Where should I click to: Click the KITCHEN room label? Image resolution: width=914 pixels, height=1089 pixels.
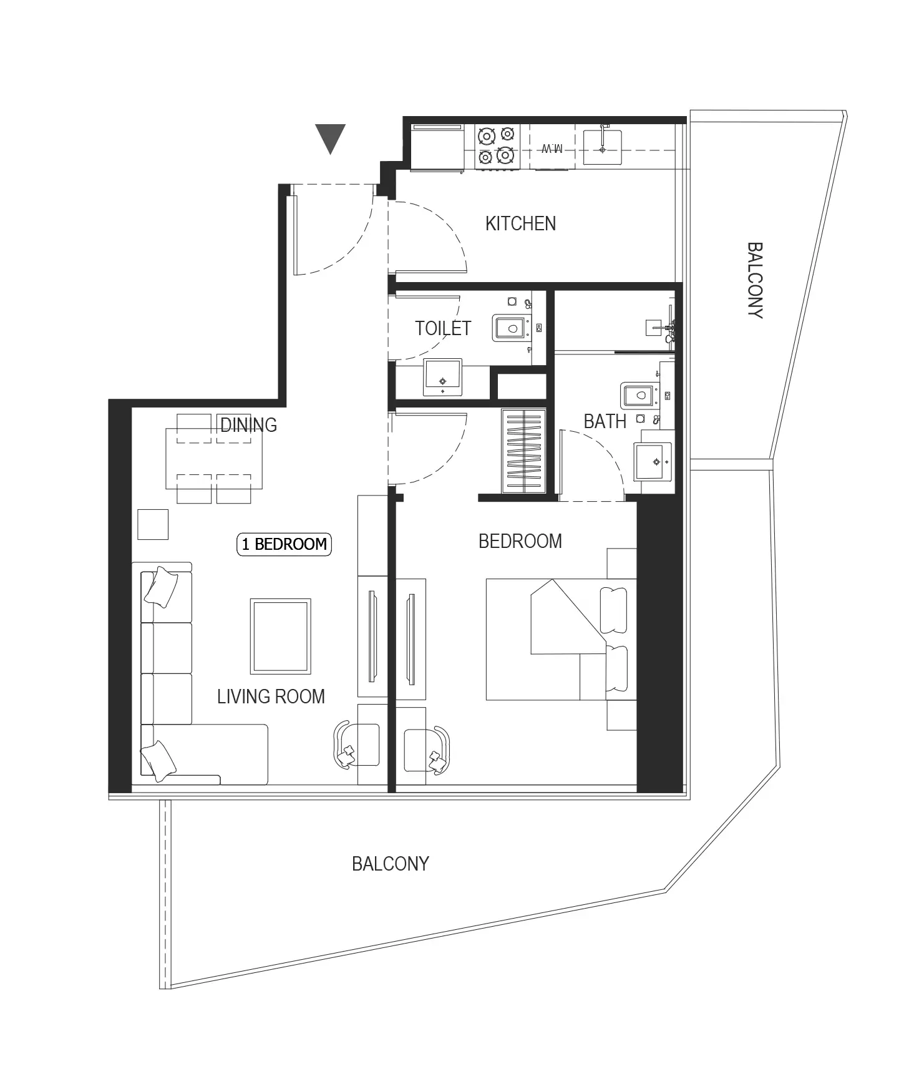[520, 223]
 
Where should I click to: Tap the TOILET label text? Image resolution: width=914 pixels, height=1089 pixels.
[443, 328]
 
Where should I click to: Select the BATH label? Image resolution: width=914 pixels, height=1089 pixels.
[605, 421]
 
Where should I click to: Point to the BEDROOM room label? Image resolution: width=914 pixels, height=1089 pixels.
[520, 541]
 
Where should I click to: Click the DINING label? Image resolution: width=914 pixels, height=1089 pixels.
[248, 425]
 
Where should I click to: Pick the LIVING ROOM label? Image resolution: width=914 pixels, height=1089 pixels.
[271, 696]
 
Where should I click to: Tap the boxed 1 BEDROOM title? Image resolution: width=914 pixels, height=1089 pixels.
[284, 544]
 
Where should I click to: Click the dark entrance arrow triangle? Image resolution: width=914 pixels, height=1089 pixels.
[330, 139]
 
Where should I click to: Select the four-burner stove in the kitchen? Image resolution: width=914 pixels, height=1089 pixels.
[497, 146]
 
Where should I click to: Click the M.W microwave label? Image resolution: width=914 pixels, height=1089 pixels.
[552, 148]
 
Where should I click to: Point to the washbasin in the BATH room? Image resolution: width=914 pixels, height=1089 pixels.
[653, 461]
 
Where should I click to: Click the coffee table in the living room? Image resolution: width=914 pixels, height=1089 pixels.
[281, 636]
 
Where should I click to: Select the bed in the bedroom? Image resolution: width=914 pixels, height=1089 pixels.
[561, 640]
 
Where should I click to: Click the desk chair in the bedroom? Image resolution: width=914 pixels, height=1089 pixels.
[427, 750]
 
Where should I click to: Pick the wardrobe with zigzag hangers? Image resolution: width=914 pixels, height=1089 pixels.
[523, 451]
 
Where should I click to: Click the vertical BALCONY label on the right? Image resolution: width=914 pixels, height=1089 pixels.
[755, 281]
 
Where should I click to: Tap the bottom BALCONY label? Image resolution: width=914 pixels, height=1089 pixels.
[391, 864]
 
